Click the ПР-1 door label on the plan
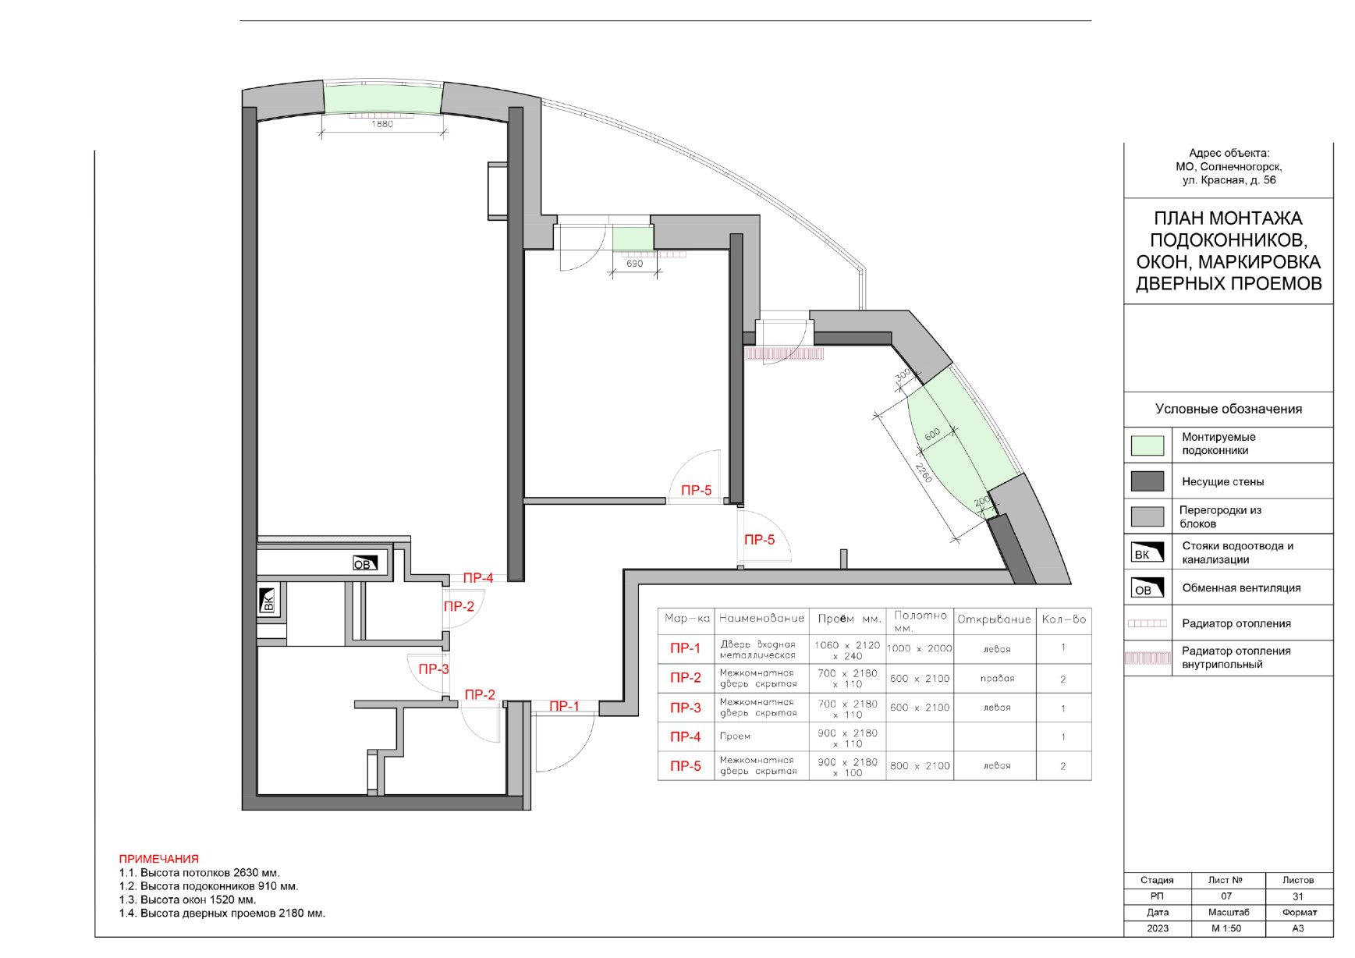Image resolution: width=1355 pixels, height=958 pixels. click(x=564, y=706)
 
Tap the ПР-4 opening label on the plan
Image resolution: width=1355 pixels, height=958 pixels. click(x=478, y=578)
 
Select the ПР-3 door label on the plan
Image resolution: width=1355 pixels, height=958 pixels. click(x=434, y=669)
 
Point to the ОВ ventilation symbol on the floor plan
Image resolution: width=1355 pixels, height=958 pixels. click(x=365, y=563)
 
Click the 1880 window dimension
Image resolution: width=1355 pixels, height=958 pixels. click(x=382, y=124)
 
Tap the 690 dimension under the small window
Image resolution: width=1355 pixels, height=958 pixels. click(x=635, y=264)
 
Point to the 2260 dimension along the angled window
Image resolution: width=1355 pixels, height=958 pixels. click(x=924, y=473)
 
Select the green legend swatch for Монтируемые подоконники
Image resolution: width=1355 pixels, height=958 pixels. click(x=1147, y=445)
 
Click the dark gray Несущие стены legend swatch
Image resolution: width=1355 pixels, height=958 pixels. click(x=1147, y=481)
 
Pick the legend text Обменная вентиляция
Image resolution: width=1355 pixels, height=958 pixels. click(x=1241, y=587)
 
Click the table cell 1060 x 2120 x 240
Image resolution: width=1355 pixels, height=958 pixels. click(x=847, y=651)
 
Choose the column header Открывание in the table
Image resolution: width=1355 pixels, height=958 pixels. click(x=995, y=619)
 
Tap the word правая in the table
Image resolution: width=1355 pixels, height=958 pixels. click(x=997, y=679)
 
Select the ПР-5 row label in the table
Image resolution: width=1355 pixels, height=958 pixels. click(x=686, y=766)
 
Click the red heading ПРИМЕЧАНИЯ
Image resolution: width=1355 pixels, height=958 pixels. click(x=159, y=859)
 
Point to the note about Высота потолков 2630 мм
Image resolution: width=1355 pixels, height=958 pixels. click(x=200, y=873)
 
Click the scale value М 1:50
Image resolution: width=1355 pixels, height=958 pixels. click(x=1226, y=928)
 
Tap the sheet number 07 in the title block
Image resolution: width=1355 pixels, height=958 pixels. click(x=1226, y=896)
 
